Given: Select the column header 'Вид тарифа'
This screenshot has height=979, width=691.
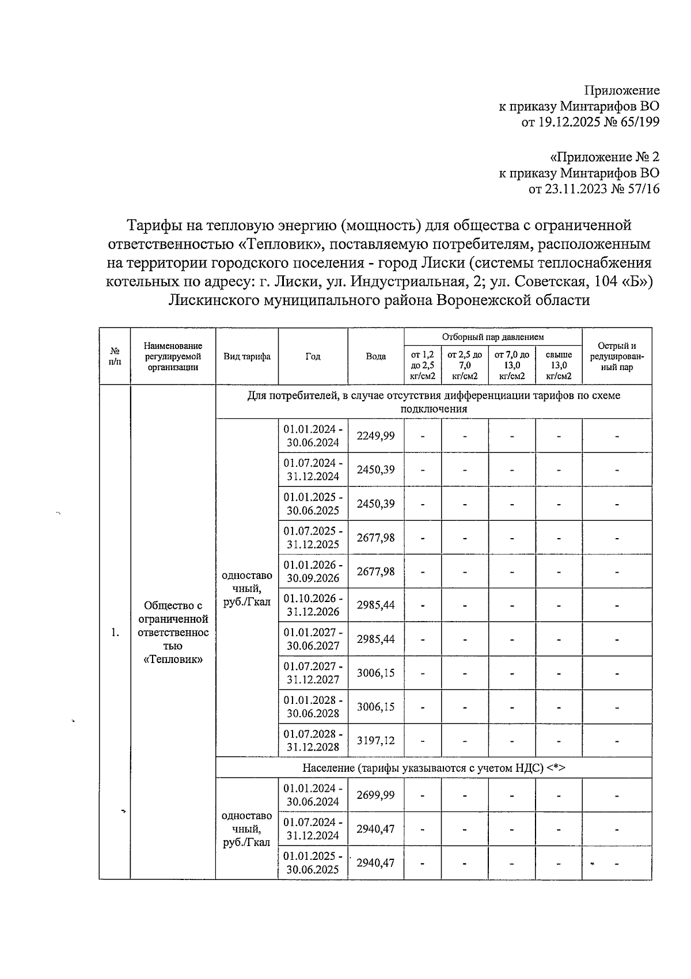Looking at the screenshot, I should point(247,357).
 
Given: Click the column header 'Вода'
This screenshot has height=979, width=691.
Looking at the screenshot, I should point(375,357).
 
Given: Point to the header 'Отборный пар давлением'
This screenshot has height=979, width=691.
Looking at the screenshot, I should point(493,337).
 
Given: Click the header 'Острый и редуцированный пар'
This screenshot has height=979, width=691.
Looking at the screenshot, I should point(617,357).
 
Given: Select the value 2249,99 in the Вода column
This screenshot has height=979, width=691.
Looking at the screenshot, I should point(375,436).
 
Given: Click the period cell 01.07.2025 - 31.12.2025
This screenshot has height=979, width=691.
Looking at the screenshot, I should point(313,538).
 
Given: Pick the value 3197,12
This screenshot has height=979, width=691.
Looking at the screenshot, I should point(375,741).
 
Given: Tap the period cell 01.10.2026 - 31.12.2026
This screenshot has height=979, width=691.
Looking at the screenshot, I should point(313,605).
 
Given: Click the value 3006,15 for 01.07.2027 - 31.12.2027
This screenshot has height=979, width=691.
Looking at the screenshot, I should point(375,673).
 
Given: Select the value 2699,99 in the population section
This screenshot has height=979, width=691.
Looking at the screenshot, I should point(375,795).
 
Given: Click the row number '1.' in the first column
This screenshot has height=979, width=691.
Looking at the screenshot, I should point(115,633).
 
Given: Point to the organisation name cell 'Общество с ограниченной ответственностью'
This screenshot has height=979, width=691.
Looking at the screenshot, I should point(173,632).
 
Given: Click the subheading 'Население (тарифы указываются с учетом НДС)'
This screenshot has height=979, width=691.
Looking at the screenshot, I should point(434,768).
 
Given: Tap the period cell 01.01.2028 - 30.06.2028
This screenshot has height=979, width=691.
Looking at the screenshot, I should point(313,707).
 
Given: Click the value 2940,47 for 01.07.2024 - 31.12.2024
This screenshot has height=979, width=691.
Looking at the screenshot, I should point(375,829).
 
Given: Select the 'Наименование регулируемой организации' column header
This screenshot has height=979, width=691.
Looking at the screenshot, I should point(173,357).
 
